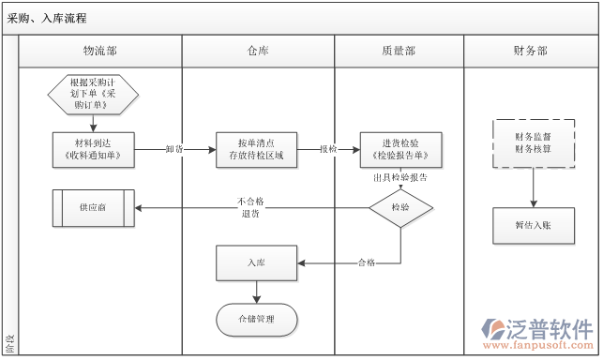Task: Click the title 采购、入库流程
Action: pyautogui.click(x=49, y=19)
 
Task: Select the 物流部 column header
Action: pyautogui.click(x=100, y=52)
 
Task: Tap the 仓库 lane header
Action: pyautogui.click(x=257, y=52)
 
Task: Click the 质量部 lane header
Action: pyautogui.click(x=399, y=52)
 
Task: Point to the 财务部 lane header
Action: pyautogui.click(x=531, y=52)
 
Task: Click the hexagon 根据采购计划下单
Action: pyautogui.click(x=94, y=94)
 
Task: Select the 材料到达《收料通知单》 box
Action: pyautogui.click(x=94, y=148)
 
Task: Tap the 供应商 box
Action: pyautogui.click(x=93, y=207)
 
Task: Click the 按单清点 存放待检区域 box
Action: pyautogui.click(x=256, y=148)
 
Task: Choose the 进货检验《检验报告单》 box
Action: pyautogui.click(x=400, y=148)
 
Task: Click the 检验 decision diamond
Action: pyautogui.click(x=400, y=208)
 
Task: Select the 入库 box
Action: pyautogui.click(x=256, y=263)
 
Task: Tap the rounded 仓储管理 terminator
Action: pyautogui.click(x=256, y=319)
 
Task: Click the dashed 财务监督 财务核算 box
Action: pyautogui.click(x=534, y=142)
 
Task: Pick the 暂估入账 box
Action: pyautogui.click(x=534, y=225)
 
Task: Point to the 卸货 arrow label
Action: pyautogui.click(x=174, y=149)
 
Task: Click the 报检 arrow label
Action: pyautogui.click(x=328, y=149)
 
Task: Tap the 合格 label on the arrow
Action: pyautogui.click(x=366, y=263)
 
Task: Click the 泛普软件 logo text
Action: pyautogui.click(x=548, y=328)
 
